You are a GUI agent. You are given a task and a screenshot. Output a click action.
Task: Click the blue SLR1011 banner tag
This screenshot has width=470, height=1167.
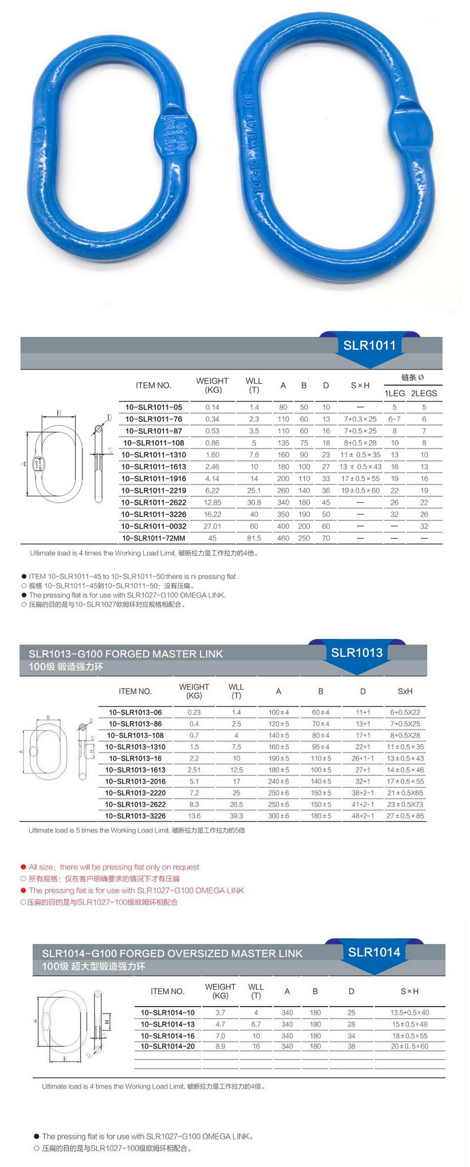pos(369,346)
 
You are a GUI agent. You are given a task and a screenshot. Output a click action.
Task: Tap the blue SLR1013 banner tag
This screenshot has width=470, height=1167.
pos(356,653)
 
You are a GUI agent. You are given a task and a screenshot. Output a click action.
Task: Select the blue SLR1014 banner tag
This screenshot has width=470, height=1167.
pos(374,952)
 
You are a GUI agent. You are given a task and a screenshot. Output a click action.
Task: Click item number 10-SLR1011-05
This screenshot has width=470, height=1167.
pos(154,407)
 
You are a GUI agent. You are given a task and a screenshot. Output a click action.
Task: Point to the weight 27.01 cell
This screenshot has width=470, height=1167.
pos(212,526)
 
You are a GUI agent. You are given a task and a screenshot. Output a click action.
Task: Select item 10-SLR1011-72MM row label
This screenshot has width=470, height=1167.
pos(154,538)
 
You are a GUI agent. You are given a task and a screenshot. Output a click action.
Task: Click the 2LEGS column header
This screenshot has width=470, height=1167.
pos(424,393)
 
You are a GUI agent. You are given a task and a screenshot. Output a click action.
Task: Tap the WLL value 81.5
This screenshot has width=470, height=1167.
pos(254,538)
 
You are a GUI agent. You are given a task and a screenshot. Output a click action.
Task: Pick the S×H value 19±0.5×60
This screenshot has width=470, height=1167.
pos(360,491)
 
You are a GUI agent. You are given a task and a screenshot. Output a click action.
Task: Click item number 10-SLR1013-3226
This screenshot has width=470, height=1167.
pos(135,816)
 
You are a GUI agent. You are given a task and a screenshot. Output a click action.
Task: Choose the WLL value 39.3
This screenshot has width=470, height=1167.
pos(236,816)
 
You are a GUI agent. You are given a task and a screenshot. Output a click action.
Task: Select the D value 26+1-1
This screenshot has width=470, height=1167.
pos(363,758)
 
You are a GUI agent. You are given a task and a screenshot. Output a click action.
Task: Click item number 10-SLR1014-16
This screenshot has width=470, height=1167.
pos(167,1036)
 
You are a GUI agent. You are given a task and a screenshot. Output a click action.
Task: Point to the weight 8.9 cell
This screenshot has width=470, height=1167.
pos(220,1046)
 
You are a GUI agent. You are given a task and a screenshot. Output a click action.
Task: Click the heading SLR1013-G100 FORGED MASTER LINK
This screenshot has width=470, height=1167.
pos(125,654)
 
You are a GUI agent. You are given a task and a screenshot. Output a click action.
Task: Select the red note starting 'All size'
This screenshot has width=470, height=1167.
pos(114,867)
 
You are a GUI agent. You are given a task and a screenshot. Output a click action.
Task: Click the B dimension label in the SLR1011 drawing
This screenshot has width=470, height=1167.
pos(59,413)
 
